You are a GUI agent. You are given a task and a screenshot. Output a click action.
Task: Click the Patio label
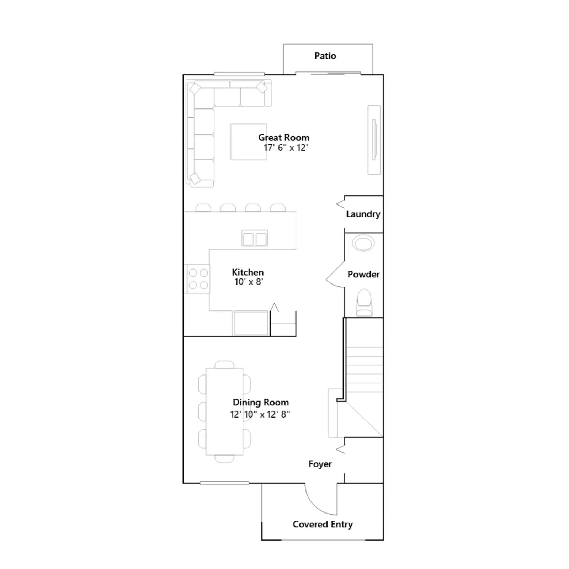[x=325, y=56]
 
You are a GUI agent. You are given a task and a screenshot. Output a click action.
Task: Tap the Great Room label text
[x=284, y=138]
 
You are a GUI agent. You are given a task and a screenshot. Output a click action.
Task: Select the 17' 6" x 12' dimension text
[x=286, y=148]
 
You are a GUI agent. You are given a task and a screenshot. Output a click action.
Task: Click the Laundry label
[x=363, y=214]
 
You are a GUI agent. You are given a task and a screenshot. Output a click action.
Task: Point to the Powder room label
[x=363, y=274]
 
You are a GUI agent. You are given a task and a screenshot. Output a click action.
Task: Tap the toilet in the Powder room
[x=364, y=302]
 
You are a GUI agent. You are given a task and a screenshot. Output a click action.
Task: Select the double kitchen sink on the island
[x=255, y=238]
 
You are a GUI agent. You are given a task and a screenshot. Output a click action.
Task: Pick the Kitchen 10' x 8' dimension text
[x=249, y=282]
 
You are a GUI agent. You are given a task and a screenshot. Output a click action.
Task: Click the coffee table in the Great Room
[x=249, y=142]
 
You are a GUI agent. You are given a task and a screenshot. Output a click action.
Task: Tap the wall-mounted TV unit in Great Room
[x=374, y=140]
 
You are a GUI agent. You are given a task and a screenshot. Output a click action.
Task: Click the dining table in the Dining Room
[x=224, y=411]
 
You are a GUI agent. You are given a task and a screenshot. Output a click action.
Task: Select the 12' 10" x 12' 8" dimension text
[x=260, y=414]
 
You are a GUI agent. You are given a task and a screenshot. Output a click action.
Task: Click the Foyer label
[x=320, y=464]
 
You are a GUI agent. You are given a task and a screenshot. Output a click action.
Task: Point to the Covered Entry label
[x=323, y=524]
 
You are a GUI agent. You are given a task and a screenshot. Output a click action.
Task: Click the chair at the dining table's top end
[x=224, y=365]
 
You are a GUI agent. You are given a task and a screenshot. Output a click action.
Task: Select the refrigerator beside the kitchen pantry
[x=251, y=323]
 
